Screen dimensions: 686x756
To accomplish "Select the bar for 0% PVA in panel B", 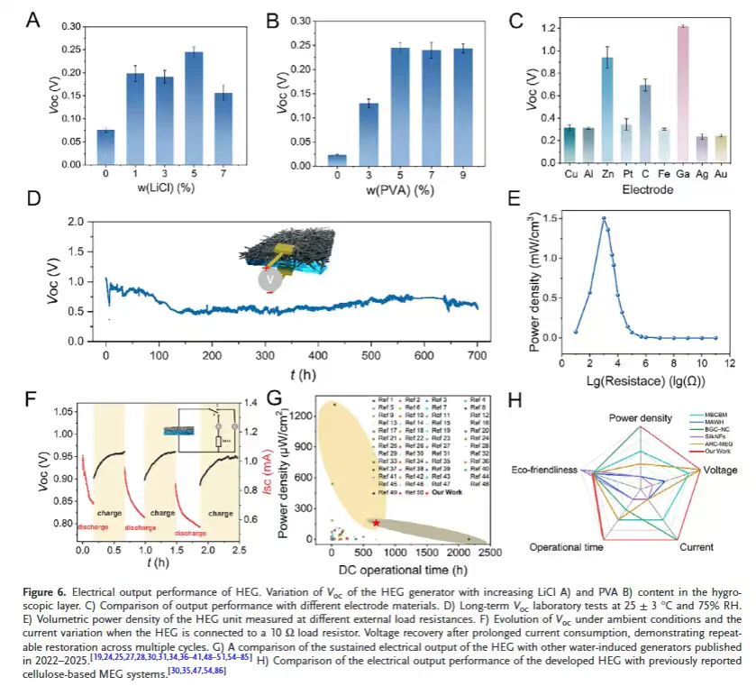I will click(337, 160).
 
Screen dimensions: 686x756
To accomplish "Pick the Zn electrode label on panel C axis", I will click(608, 173).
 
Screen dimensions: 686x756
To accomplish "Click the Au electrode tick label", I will click(720, 173).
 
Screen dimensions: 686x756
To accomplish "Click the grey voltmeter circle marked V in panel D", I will click(268, 279).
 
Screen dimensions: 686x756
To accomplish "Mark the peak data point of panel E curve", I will click(603, 218).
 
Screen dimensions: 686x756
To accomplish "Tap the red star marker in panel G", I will click(376, 523).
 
